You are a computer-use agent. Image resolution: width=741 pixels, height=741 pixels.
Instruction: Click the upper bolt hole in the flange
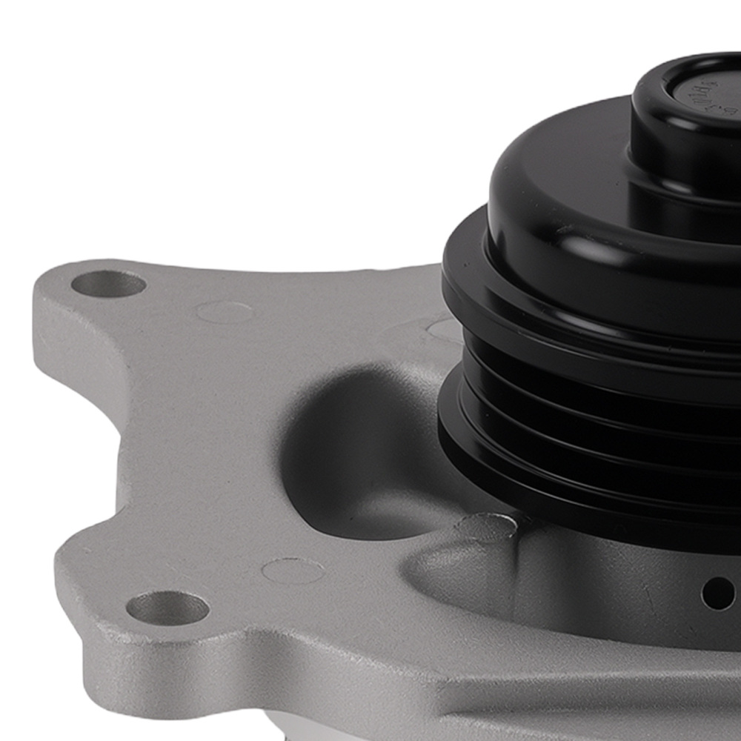[108, 284]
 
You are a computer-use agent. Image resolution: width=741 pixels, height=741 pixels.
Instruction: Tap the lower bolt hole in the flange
[167, 608]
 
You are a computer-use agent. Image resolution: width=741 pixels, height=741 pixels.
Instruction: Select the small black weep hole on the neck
[717, 594]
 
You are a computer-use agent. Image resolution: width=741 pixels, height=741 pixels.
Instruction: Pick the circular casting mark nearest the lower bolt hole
[293, 571]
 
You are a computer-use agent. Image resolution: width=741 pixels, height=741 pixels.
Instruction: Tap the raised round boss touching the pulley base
[485, 528]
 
